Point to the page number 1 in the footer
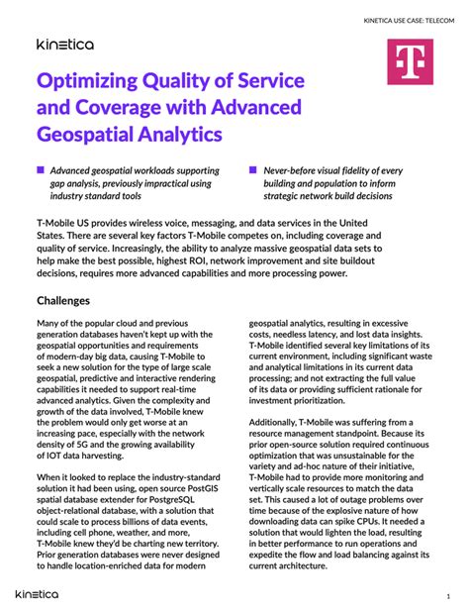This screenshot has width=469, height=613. [x=446, y=595]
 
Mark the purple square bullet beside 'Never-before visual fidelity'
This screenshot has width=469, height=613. [x=253, y=170]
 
